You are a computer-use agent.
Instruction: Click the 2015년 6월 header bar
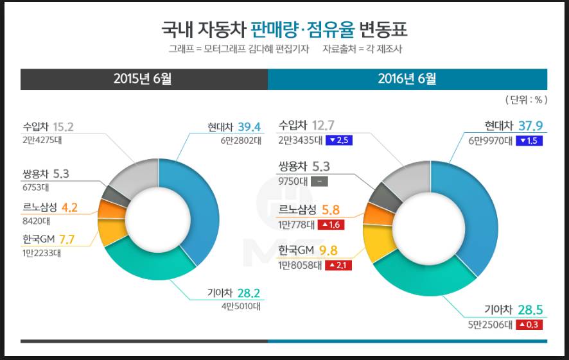point(144,79)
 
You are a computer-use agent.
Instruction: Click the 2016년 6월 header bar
point(407,79)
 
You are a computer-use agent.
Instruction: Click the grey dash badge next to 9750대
point(320,181)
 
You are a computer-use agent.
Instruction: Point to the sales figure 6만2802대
point(240,141)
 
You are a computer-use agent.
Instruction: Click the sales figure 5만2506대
point(491,325)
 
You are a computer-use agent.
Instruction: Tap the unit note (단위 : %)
point(525,99)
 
